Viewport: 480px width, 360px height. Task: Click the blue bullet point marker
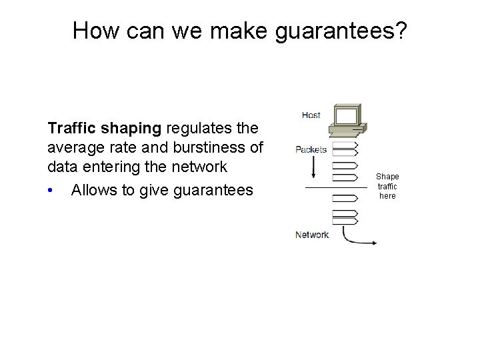(x=51, y=191)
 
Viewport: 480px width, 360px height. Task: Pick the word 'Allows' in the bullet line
(x=95, y=191)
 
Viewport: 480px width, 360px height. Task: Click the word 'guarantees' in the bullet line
(x=213, y=191)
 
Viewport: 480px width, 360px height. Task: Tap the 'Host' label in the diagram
(x=311, y=115)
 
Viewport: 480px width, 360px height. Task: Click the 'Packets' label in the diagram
(x=311, y=149)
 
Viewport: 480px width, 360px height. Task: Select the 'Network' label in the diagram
(x=311, y=235)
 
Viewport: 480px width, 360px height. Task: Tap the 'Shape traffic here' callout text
(x=387, y=187)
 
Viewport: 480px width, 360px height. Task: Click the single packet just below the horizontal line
(x=345, y=198)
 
